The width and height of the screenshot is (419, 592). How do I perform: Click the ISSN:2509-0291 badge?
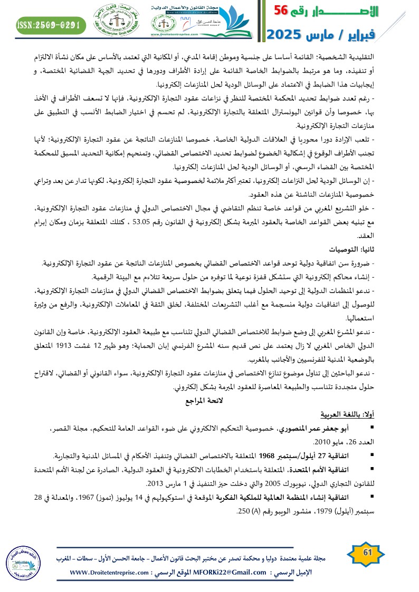click(x=50, y=24)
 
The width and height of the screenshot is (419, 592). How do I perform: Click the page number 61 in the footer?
click(x=367, y=552)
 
